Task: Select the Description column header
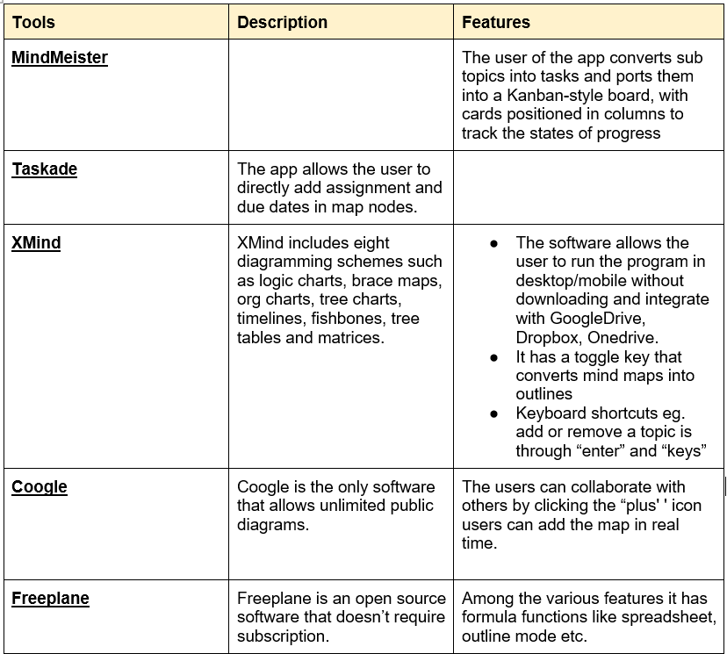[282, 22]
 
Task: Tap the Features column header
[496, 22]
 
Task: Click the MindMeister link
[60, 58]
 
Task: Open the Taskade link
[45, 169]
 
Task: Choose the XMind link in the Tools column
[36, 243]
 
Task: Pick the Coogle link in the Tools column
[40, 487]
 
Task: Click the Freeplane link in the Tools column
[50, 599]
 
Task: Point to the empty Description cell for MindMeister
[341, 95]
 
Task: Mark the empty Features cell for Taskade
[588, 187]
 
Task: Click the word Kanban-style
[561, 95]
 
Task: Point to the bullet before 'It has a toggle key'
[494, 357]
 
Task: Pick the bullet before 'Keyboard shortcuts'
[494, 413]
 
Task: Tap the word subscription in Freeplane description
[283, 636]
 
